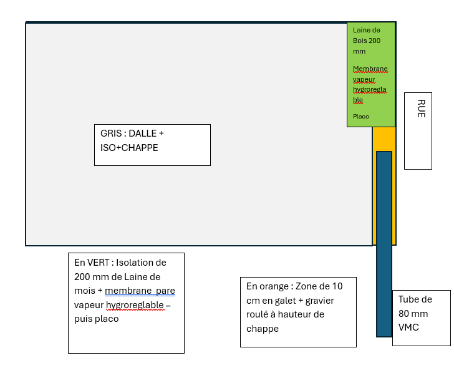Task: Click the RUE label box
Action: coord(418,130)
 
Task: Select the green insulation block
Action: coord(372,75)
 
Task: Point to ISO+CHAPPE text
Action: coord(129,148)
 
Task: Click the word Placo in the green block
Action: coord(361,117)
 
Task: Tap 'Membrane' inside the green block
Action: coord(370,69)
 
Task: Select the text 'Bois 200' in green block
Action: coord(367,41)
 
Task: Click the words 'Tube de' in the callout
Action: coord(415,299)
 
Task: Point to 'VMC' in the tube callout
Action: coord(408,328)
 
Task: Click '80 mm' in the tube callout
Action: coord(413,314)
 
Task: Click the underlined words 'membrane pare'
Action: coord(140,291)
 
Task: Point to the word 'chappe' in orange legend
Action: coord(263,329)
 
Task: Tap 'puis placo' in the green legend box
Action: coord(96,319)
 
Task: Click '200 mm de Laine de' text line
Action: coord(117,276)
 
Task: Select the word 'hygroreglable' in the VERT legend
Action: coord(135,305)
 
